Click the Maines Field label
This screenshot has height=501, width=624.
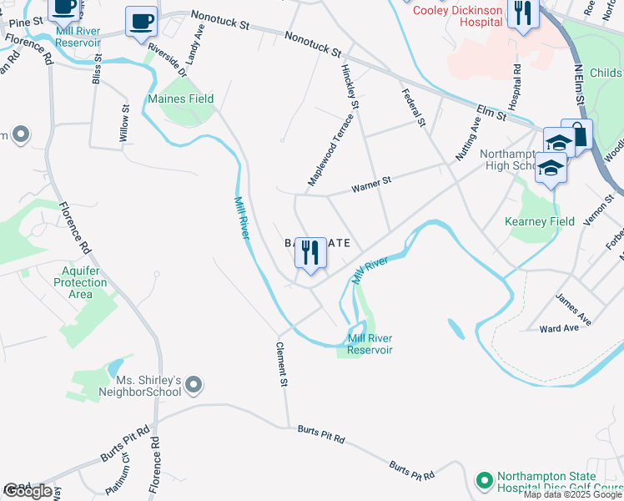[181, 99]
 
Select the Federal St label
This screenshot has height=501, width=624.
[414, 108]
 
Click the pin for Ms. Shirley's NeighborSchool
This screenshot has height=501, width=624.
[194, 385]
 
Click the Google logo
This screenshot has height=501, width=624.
[28, 491]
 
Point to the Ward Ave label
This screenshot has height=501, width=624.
[558, 328]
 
